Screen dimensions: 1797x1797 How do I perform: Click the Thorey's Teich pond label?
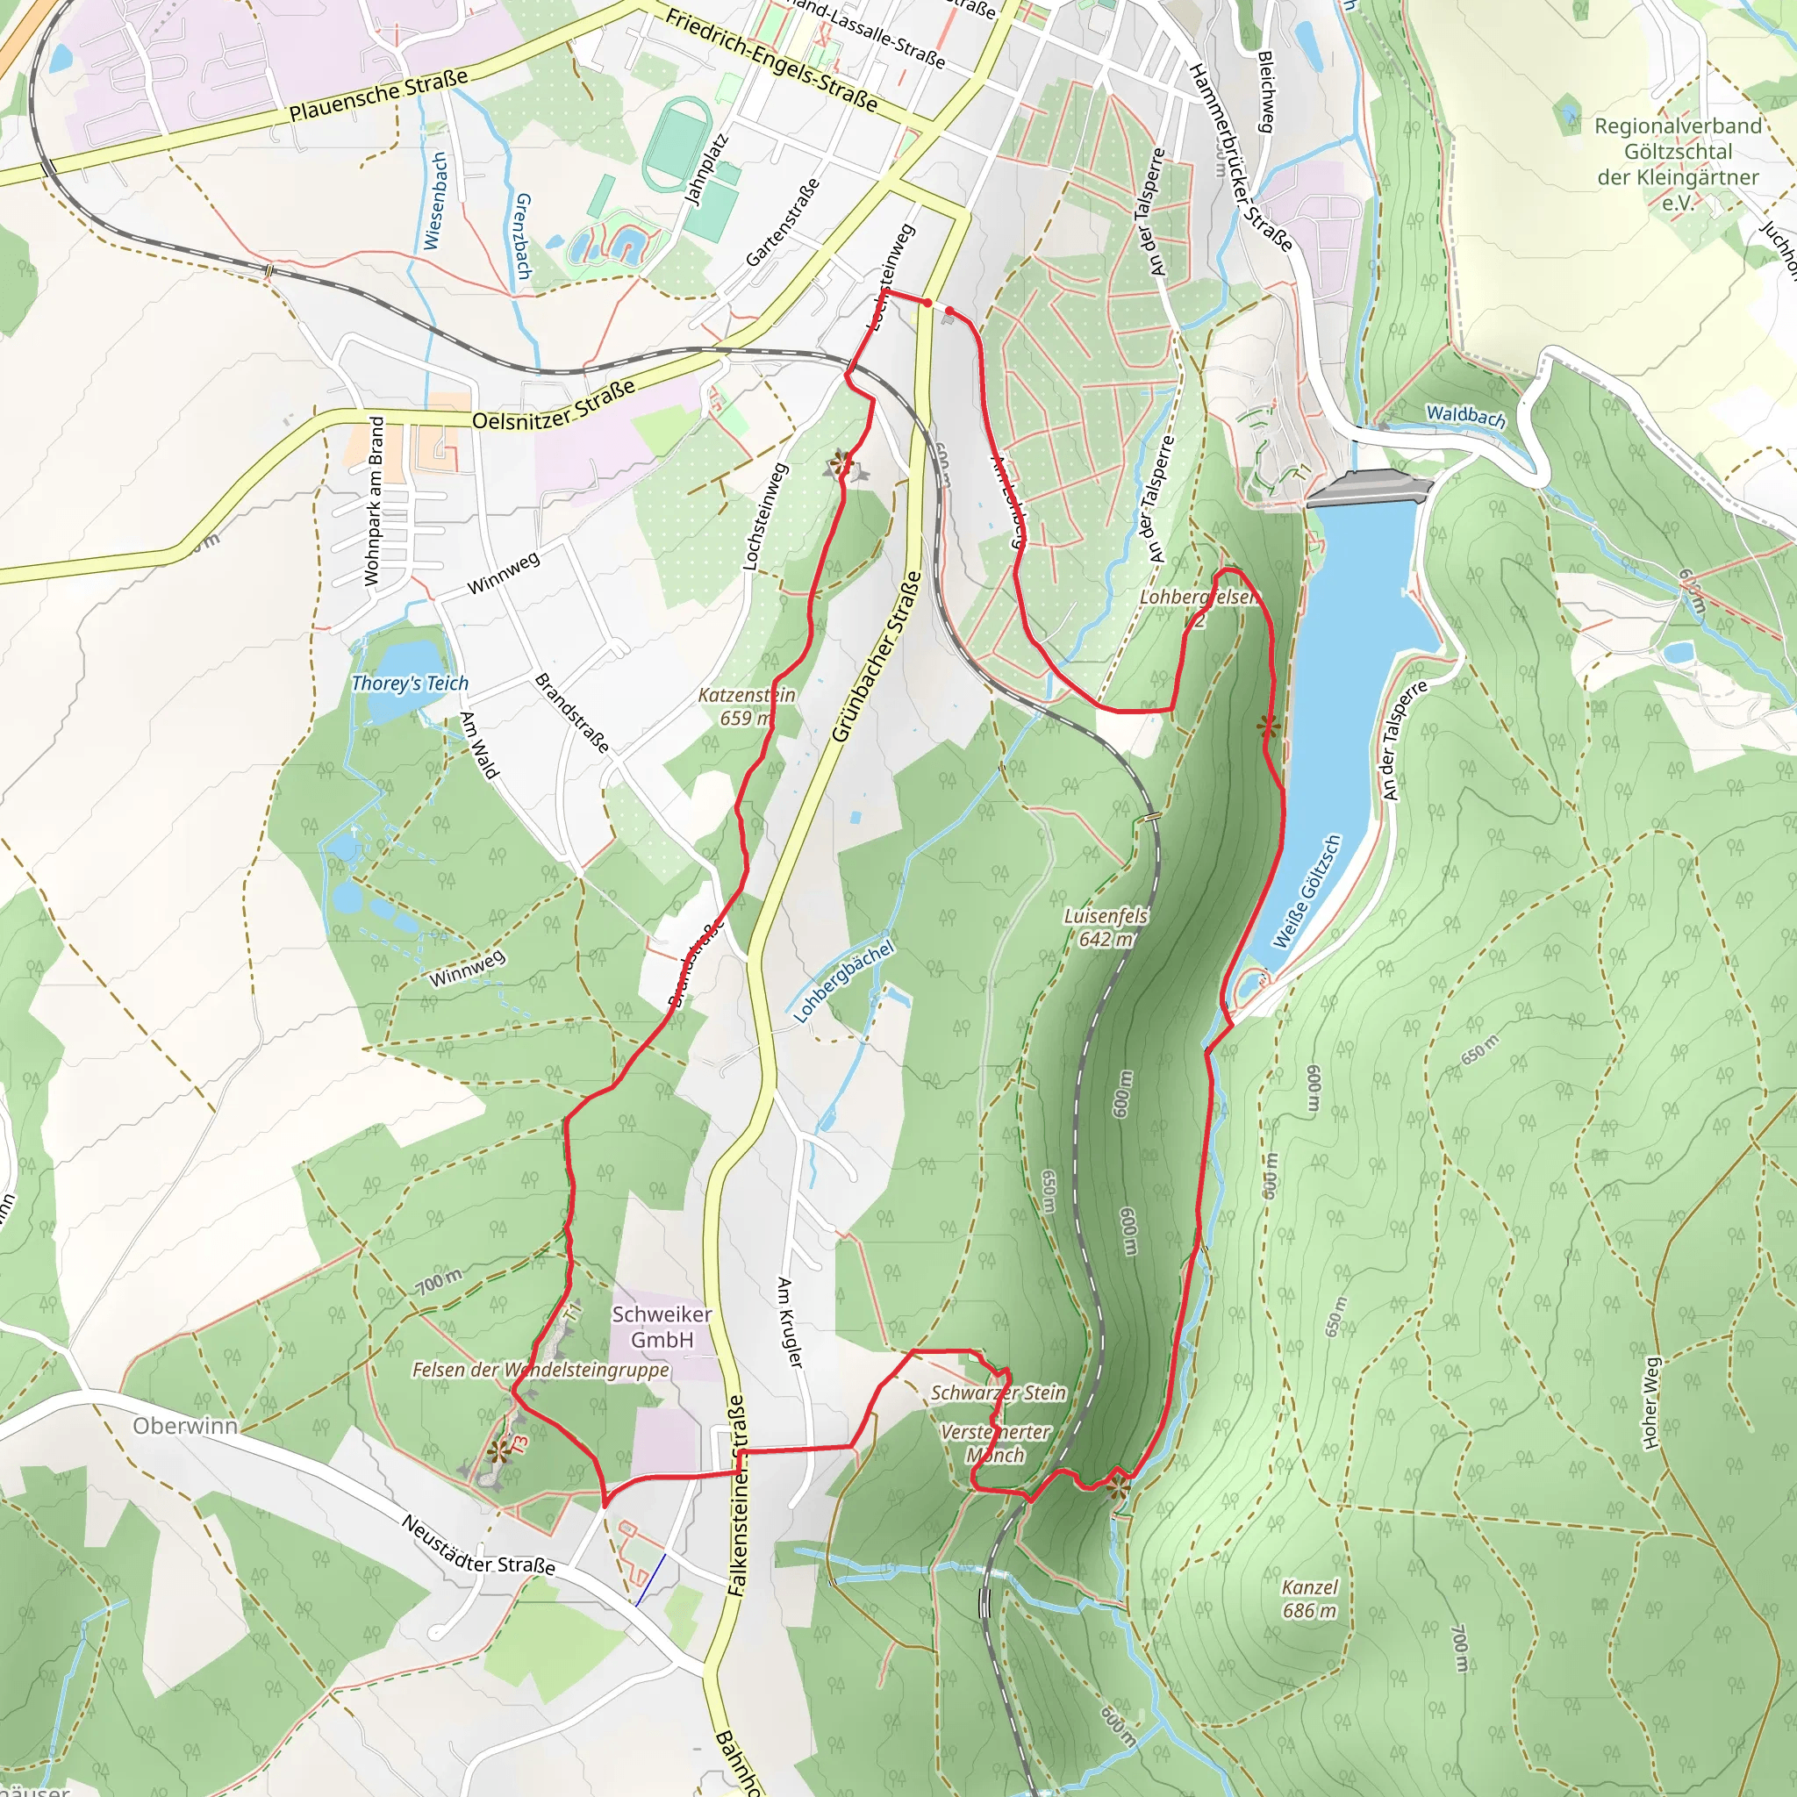pos(409,684)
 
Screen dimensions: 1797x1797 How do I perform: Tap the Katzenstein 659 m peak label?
pos(747,707)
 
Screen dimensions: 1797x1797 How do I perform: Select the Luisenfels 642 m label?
pos(1106,927)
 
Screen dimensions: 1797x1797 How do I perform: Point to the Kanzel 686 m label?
pos(1310,1599)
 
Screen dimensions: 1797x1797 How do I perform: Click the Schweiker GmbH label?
pos(662,1327)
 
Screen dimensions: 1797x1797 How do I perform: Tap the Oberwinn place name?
pos(185,1426)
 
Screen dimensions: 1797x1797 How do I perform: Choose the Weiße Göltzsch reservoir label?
pos(1307,892)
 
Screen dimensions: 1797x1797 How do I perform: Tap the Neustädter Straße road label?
pos(478,1545)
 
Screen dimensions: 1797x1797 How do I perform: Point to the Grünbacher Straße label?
pos(877,656)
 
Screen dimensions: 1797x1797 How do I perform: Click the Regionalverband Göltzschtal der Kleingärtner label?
pos(1678,164)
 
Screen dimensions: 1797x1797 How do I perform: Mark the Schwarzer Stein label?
pos(998,1392)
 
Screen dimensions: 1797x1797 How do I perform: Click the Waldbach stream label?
pos(1466,416)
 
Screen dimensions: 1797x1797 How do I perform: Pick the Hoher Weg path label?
pos(1651,1403)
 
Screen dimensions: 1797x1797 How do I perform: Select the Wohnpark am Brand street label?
pos(374,500)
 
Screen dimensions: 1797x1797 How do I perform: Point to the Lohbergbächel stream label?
pos(843,981)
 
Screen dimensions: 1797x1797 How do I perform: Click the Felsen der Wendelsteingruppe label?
pos(541,1370)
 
